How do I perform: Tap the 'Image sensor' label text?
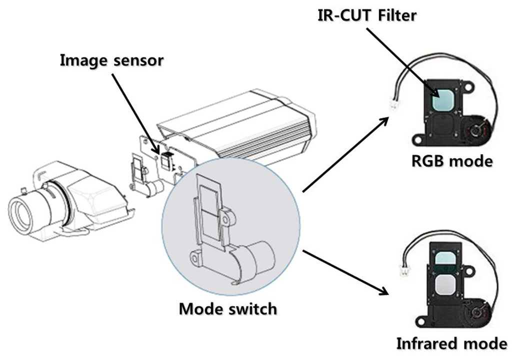(111, 60)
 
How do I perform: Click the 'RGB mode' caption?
(452, 161)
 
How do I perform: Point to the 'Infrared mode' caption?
(451, 344)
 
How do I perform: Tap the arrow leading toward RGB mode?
(345, 155)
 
